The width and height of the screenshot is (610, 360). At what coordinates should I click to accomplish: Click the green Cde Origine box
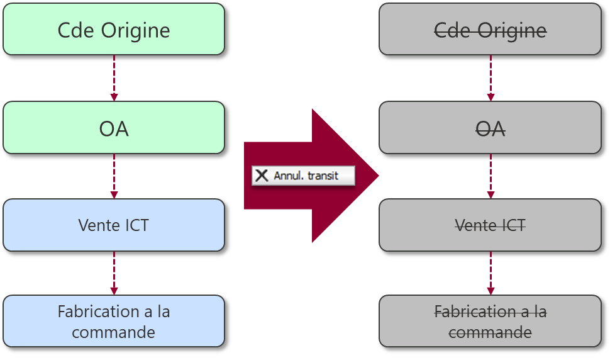114,30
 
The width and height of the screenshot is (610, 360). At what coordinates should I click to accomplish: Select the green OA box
114,128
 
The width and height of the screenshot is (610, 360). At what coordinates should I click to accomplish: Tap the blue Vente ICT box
114,225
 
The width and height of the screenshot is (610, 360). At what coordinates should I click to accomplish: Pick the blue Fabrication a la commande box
114,321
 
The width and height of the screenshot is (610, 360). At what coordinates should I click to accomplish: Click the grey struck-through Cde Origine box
490,30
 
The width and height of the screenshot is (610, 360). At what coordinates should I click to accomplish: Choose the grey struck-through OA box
490,128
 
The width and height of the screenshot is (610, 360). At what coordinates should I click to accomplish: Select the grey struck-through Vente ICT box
490,225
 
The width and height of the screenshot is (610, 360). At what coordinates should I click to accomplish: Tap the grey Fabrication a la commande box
490,321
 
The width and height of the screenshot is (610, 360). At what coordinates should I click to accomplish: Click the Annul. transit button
303,176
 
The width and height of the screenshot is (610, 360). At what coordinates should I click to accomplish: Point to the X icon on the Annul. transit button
262,176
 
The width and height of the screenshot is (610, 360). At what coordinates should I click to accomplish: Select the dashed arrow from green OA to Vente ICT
114,176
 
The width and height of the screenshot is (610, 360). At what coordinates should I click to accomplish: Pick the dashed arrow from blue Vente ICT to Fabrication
114,273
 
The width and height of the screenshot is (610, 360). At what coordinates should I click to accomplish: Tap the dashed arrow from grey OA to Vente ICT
491,176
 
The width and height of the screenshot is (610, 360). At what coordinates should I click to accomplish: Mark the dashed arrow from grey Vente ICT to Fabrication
491,273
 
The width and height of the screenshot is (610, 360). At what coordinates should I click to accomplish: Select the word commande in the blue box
114,332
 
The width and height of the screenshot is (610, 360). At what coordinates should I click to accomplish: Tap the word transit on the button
323,176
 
